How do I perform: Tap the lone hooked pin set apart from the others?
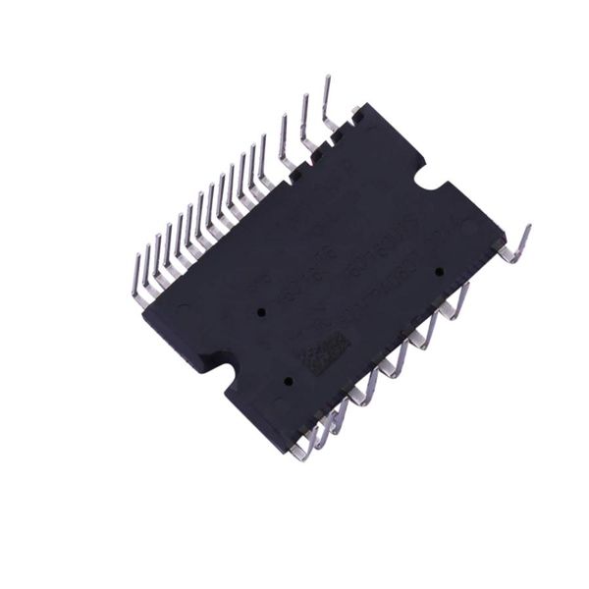tap(516, 247)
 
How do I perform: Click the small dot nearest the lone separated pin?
tap(439, 271)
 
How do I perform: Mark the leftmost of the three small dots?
tap(261, 311)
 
